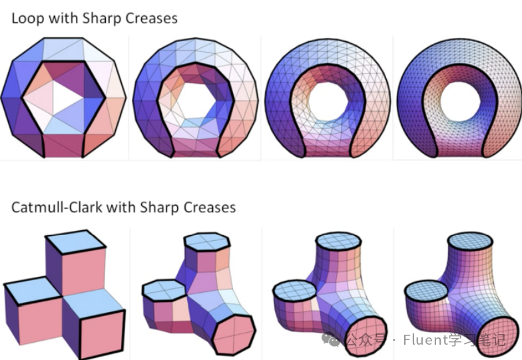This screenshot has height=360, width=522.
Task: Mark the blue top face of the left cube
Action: click(x=31, y=290)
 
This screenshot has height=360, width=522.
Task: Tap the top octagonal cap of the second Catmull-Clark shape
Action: click(x=204, y=244)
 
